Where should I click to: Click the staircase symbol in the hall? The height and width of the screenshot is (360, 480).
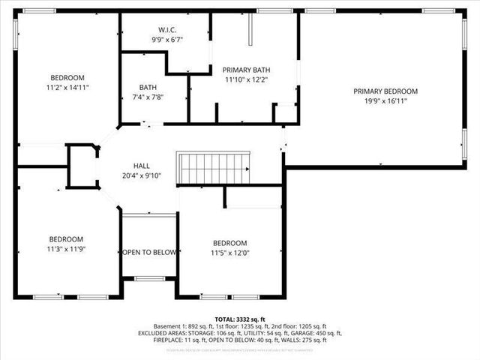[x=213, y=167]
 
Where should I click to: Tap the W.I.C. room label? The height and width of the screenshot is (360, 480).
[x=167, y=31]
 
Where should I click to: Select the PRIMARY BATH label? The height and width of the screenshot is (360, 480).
[x=246, y=70]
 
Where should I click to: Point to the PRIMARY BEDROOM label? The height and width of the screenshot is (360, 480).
[x=385, y=91]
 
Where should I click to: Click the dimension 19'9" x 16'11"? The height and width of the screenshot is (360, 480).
[x=385, y=100]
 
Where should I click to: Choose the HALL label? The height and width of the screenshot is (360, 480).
[x=142, y=166]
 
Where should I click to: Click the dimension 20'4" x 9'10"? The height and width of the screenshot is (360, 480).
[x=142, y=175]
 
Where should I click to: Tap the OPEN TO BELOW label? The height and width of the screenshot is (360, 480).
[x=149, y=252]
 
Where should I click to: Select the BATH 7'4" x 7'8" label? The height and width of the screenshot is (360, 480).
[x=148, y=91]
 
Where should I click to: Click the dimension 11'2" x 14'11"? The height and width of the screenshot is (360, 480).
[x=67, y=87]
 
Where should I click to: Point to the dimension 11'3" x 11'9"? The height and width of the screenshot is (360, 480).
[x=67, y=249]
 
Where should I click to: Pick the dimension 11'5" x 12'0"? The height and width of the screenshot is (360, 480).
[x=229, y=253]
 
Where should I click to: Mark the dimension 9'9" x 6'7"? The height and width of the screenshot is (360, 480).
[x=167, y=40]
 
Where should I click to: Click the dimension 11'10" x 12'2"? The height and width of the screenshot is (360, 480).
[x=246, y=79]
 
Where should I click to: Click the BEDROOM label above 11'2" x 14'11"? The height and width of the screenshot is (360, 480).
[x=67, y=78]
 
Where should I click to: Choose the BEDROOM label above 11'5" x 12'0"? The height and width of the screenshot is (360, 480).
[x=229, y=243]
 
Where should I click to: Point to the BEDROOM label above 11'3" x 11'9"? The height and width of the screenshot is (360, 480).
[x=67, y=239]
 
